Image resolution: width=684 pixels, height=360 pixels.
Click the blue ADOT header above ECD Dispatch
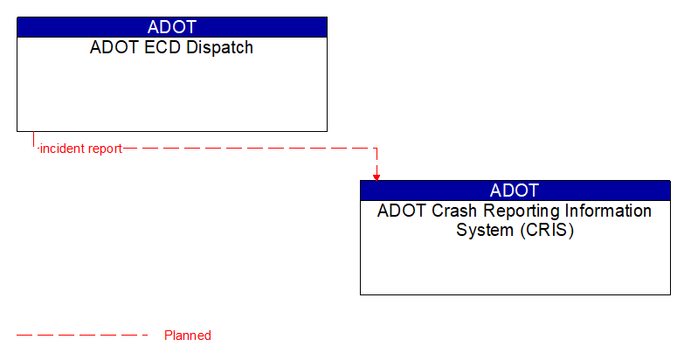pos(172,27)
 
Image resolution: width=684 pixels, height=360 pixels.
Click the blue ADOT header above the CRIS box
pos(515,190)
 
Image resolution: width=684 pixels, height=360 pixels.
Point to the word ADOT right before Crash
pos(398,211)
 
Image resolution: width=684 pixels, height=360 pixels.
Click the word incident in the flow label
pos(62,149)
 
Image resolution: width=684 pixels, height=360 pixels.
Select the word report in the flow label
pos(105,149)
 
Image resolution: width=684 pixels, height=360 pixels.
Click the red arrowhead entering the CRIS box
pos(377,177)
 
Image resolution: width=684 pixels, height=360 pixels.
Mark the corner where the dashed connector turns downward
pos(377,149)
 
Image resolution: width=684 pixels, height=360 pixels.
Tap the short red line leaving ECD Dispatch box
pos(33,140)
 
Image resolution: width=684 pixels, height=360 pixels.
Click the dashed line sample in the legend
pos(82,336)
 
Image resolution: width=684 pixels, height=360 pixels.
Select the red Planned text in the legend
pos(188,336)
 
